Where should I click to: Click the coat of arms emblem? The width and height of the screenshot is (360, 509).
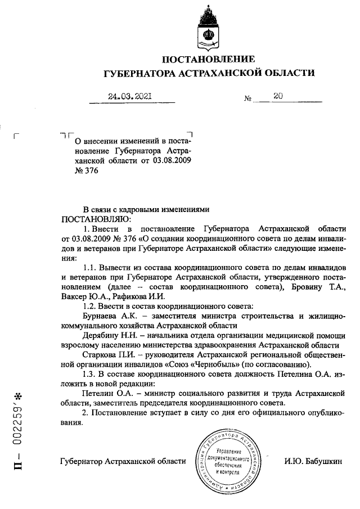point(206,28)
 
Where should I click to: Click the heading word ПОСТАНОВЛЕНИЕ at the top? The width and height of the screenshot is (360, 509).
point(208,59)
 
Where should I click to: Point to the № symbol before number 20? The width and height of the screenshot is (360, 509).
point(247,98)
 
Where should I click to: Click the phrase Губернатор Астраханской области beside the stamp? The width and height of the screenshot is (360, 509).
point(123,462)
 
